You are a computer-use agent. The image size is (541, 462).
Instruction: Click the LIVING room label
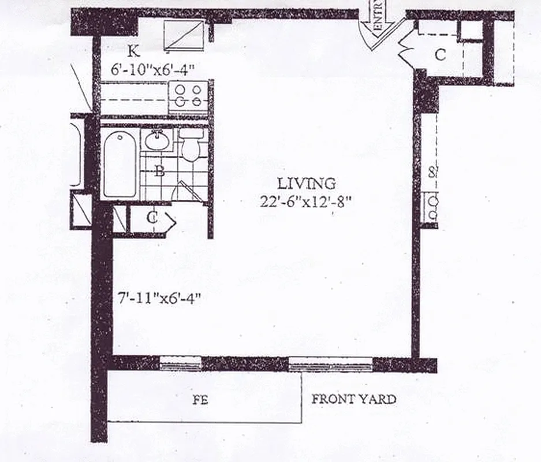click(306, 184)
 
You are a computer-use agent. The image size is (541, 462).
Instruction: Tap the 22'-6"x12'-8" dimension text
click(306, 202)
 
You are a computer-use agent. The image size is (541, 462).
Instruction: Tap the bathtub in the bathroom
click(120, 163)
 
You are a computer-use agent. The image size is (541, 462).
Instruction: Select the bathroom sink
click(156, 140)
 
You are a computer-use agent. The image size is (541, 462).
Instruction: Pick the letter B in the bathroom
click(161, 171)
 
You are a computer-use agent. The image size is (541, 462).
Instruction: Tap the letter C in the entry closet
click(441, 55)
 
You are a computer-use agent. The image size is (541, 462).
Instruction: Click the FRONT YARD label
click(354, 399)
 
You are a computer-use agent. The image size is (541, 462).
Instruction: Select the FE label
click(200, 400)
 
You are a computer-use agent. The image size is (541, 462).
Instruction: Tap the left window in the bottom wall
click(180, 364)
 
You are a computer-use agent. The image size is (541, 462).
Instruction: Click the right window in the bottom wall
click(330, 364)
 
